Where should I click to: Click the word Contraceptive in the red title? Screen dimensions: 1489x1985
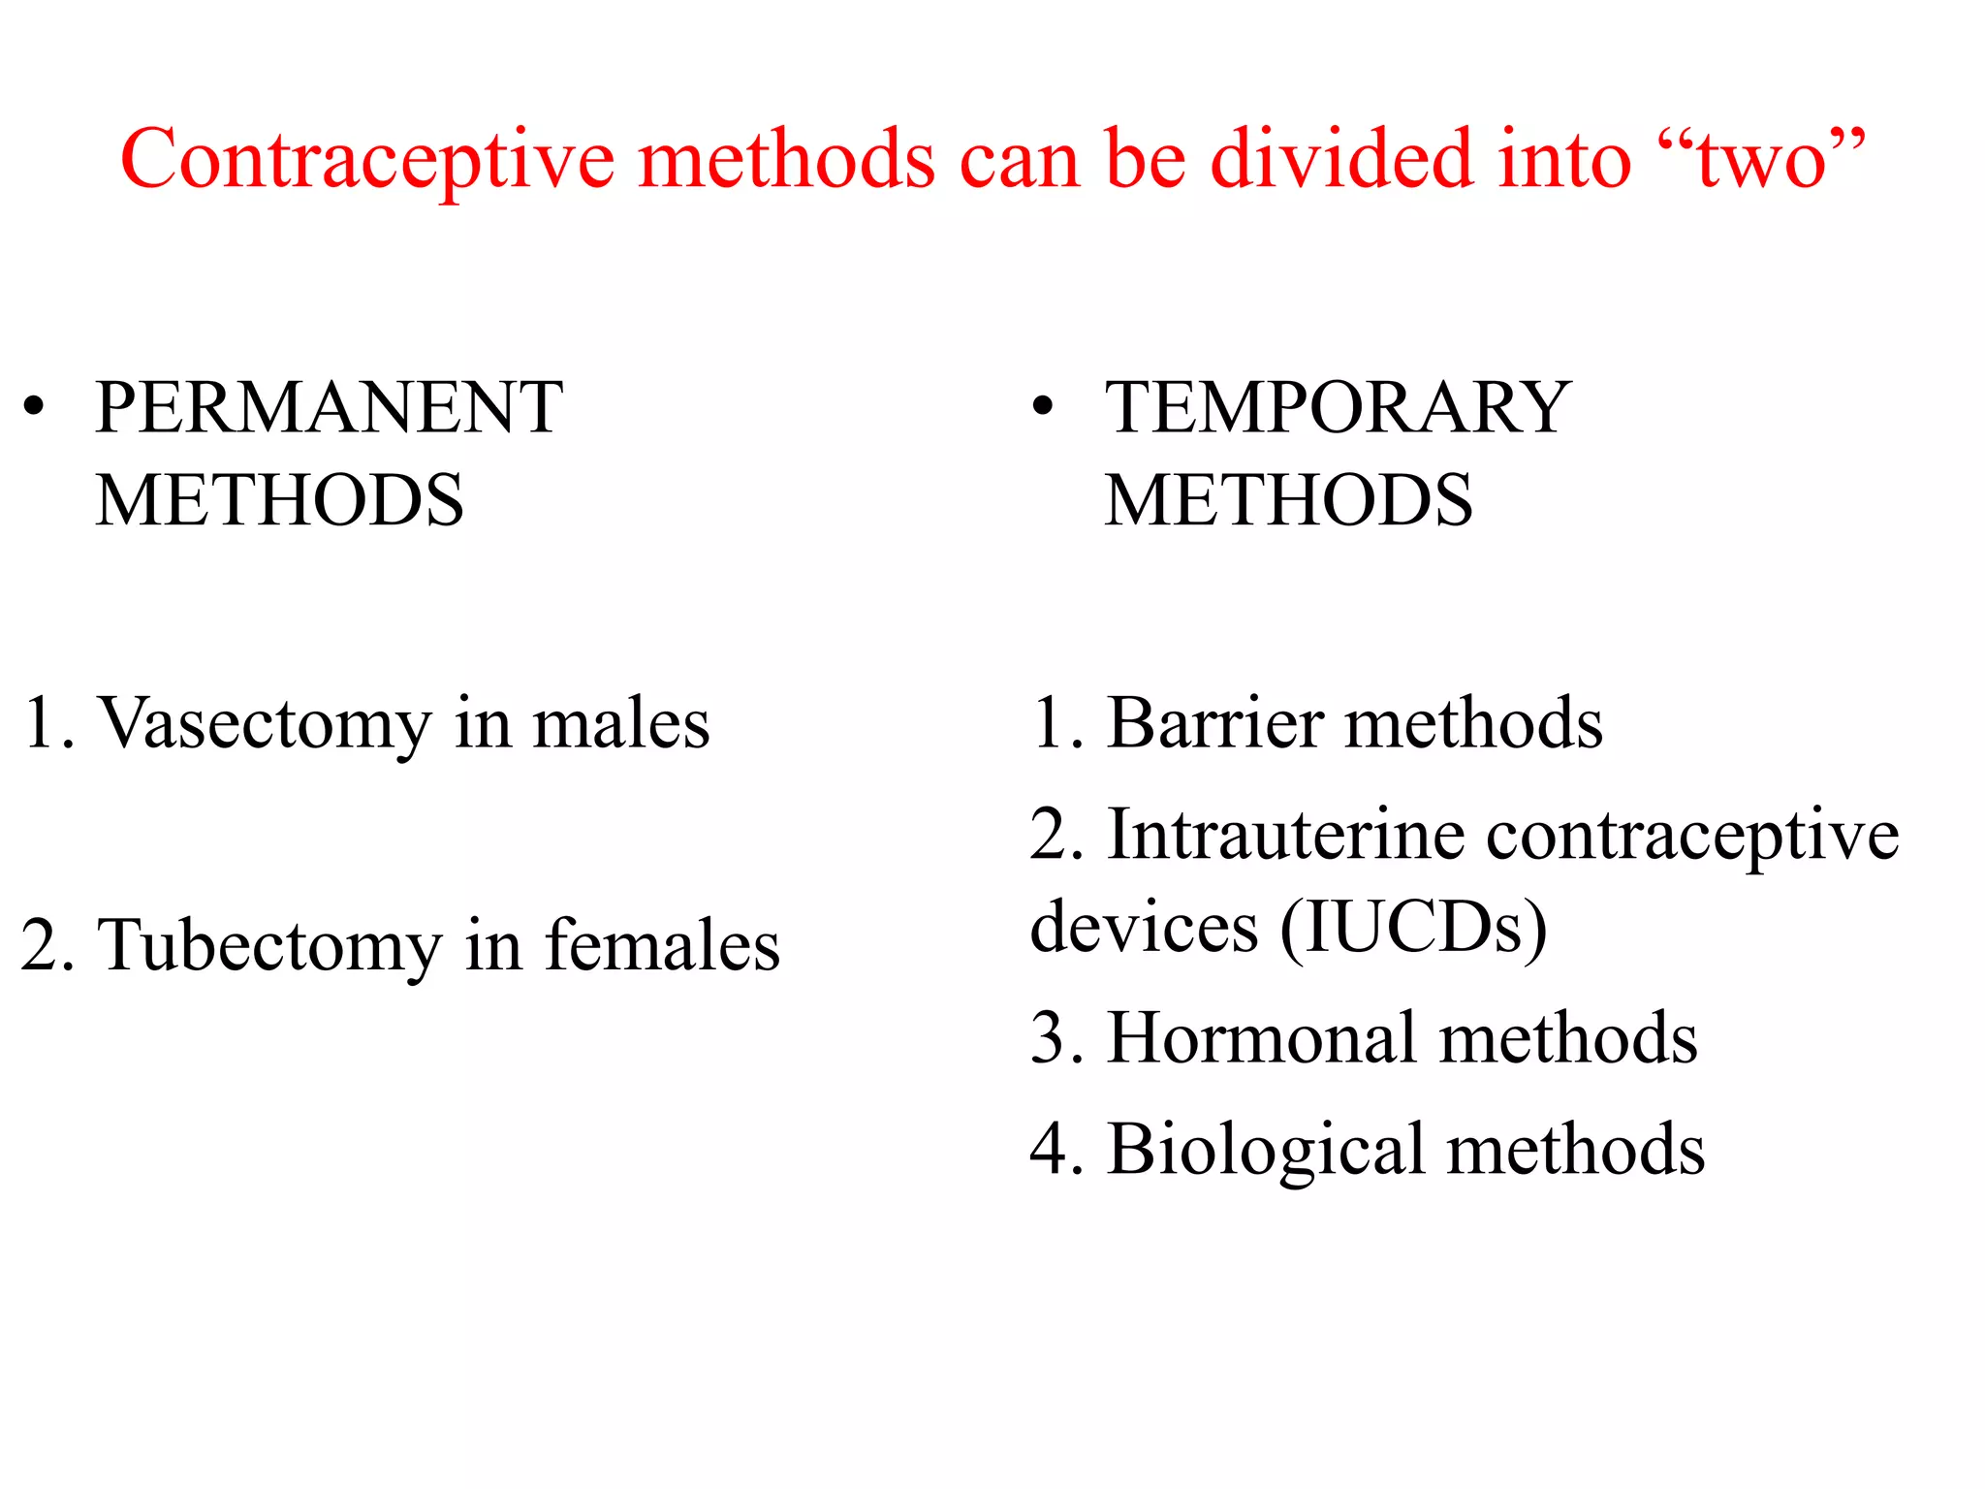pos(367,161)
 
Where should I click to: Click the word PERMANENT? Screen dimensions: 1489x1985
pos(329,407)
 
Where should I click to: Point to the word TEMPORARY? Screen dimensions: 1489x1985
pos(1338,407)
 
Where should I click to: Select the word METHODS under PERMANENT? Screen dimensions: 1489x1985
pos(280,500)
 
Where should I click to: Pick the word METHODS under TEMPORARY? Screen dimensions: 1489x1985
pos(1288,500)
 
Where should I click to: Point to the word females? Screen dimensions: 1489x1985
pos(662,944)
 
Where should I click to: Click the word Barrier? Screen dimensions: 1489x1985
pos(1215,723)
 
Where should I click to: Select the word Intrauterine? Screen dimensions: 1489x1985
pos(1285,835)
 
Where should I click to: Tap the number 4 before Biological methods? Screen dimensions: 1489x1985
pos(1050,1150)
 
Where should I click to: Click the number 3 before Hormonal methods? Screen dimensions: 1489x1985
pos(1050,1038)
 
